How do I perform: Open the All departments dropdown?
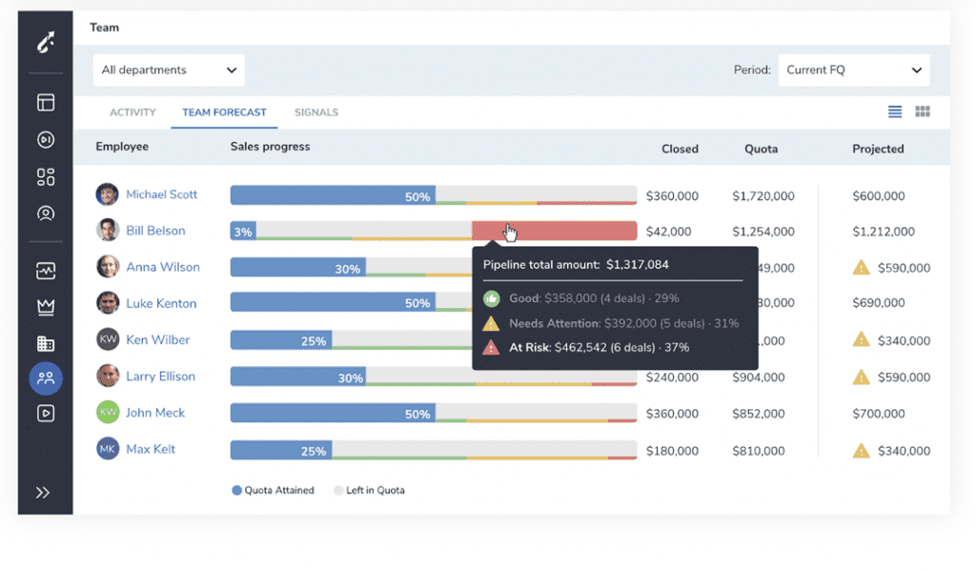pos(169,71)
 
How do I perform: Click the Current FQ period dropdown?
pos(853,71)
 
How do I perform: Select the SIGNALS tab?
pos(315,112)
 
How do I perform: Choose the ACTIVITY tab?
pos(132,112)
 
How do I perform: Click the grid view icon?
pos(922,112)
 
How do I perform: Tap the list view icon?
pos(895,112)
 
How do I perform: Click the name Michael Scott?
pos(161,194)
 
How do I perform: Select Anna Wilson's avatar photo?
pos(108,267)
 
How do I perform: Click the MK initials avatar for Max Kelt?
pos(108,449)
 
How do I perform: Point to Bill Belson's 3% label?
pos(243,232)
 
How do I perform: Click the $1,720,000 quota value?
pos(762,196)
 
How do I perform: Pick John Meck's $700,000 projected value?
pos(878,415)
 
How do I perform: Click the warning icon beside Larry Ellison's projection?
pos(861,377)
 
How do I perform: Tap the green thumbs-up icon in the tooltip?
pos(492,299)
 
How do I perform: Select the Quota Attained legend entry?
pos(275,490)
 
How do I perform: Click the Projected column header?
pos(877,149)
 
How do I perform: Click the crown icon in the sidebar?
pos(46,307)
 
